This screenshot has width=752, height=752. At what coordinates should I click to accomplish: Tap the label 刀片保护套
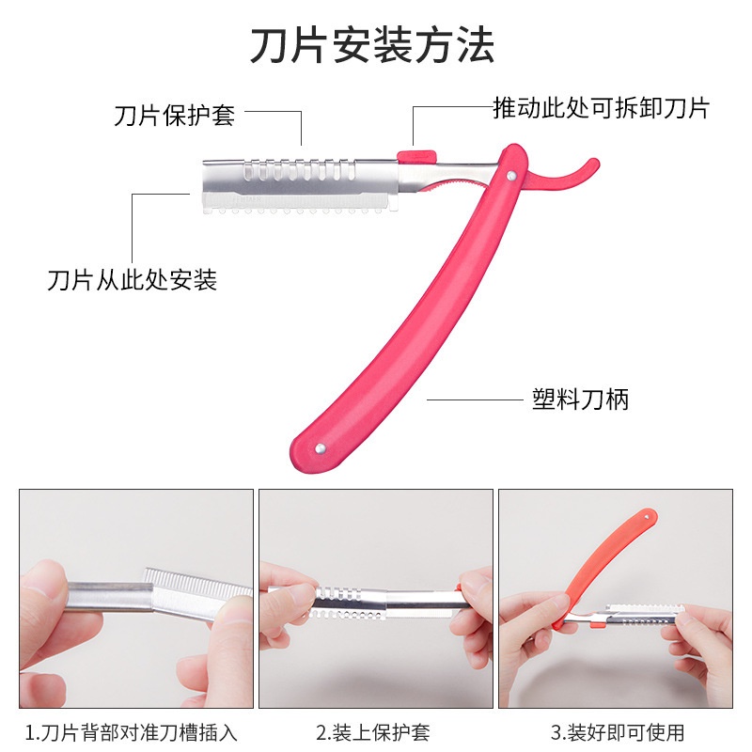tap(174, 116)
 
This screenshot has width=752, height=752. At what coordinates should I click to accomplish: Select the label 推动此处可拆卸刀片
tap(601, 108)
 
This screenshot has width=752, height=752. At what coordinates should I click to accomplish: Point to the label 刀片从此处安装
tap(133, 279)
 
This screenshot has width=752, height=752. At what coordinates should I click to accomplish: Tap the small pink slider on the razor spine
tap(415, 156)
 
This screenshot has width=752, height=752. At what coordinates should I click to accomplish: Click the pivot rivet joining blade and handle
tap(509, 175)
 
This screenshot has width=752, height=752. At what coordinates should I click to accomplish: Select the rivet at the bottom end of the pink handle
tap(320, 449)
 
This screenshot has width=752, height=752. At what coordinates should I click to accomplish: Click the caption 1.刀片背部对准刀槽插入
tap(132, 731)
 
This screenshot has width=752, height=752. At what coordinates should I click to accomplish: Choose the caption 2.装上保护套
tap(373, 731)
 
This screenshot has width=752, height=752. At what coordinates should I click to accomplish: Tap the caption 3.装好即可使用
tap(618, 731)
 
